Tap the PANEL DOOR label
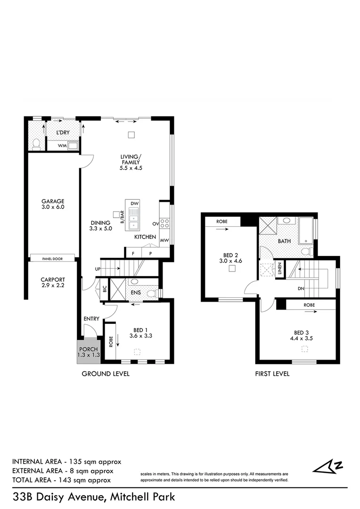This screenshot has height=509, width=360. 53,258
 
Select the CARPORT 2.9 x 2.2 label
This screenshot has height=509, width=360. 53,283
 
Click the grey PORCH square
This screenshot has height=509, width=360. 89,351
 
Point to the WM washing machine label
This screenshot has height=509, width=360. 61,146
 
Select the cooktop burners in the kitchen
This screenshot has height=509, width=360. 165,223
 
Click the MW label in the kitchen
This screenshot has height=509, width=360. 164,240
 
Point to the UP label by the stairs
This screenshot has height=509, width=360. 98,269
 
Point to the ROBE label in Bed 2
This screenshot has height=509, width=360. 222,221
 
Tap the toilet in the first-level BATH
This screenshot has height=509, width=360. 305,251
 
